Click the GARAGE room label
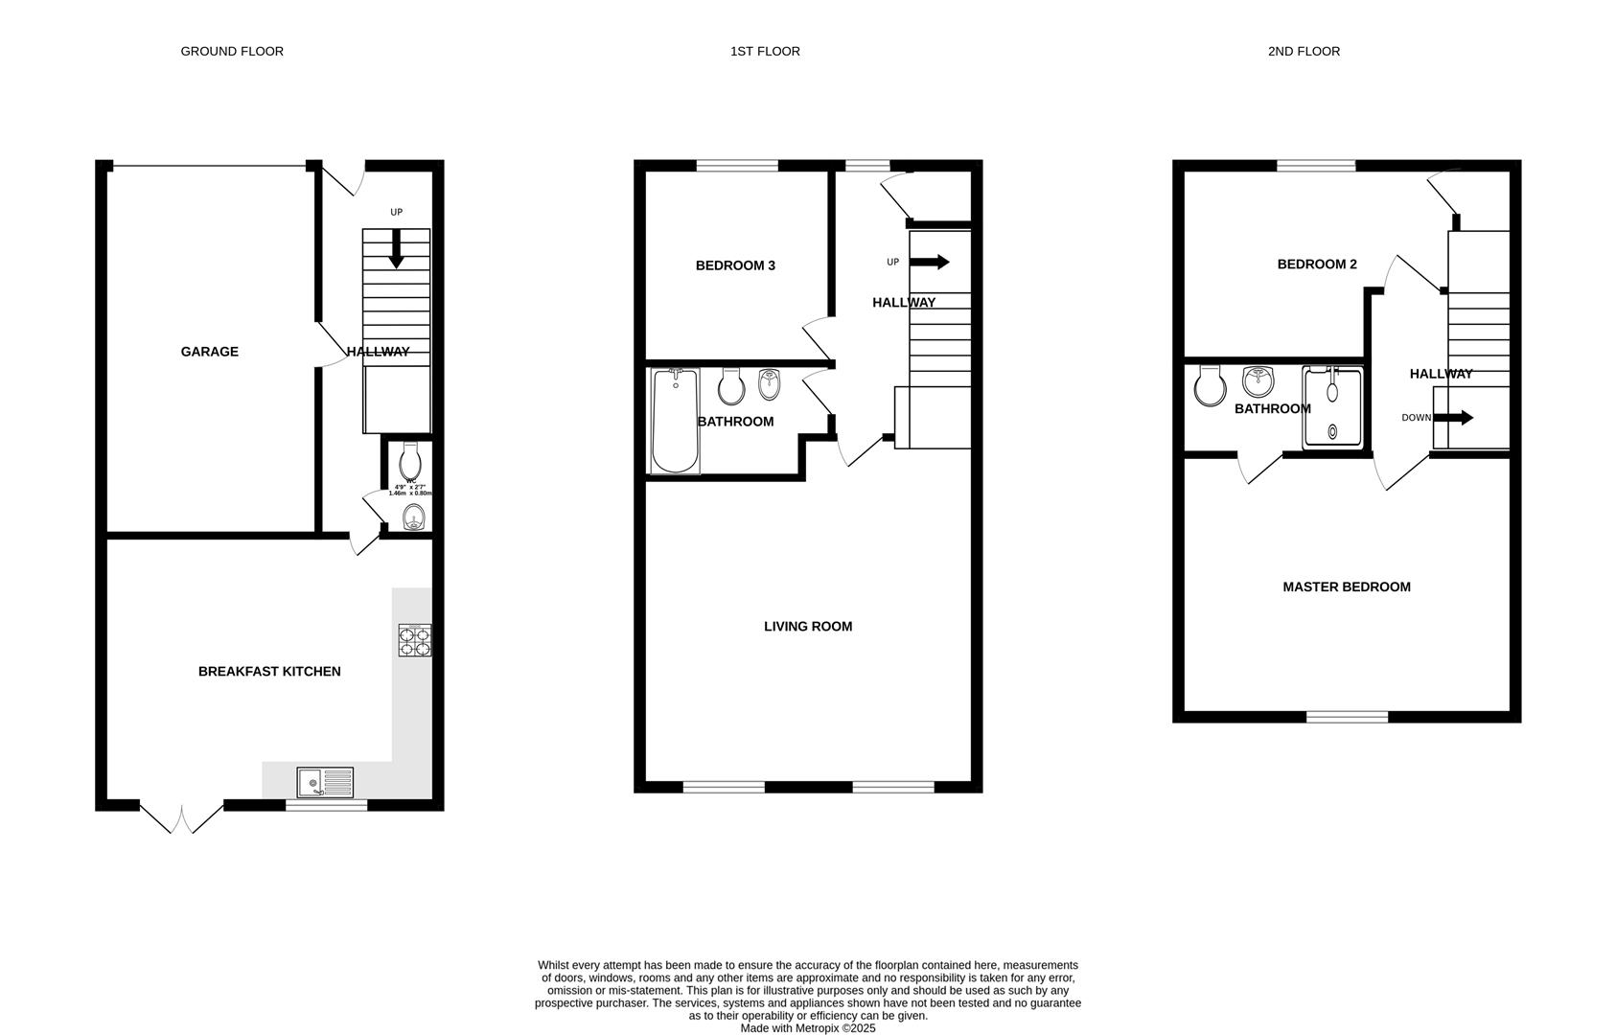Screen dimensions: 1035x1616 [x=209, y=352]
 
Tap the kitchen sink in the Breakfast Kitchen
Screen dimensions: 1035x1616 [x=325, y=783]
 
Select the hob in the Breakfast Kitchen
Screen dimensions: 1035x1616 [x=415, y=640]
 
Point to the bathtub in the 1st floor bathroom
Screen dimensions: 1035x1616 [x=675, y=422]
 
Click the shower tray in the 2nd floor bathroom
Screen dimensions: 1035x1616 [x=1332, y=407]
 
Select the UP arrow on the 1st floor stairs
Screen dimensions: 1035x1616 [x=929, y=262]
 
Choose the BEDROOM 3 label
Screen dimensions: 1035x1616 [x=735, y=265]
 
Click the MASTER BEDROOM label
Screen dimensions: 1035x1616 [x=1346, y=586]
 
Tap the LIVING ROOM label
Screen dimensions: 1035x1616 [x=807, y=626]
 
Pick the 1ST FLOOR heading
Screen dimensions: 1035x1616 [x=765, y=51]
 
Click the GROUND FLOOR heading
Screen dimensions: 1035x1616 [x=232, y=51]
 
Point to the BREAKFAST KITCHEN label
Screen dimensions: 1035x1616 [x=269, y=671]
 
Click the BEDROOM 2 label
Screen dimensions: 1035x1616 [x=1316, y=264]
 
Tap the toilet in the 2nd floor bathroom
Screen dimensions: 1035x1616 [x=1211, y=386]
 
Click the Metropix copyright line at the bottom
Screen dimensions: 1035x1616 [x=807, y=1028]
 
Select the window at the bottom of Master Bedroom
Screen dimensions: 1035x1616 [x=1347, y=717]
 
